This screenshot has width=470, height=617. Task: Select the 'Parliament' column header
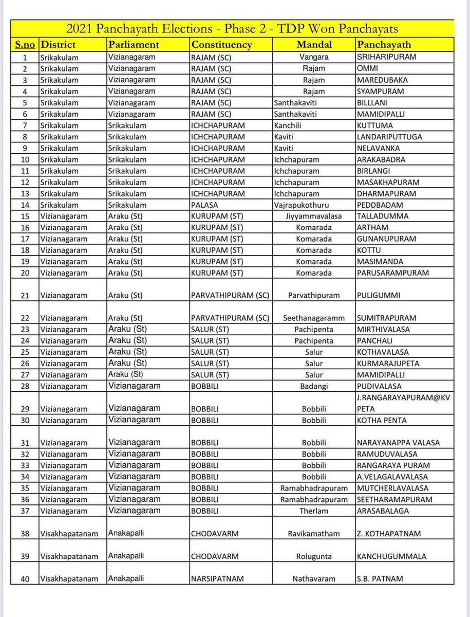(x=134, y=45)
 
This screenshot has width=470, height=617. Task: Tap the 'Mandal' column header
(x=314, y=45)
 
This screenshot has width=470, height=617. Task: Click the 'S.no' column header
(x=25, y=45)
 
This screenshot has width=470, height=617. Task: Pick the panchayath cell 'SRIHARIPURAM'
(x=386, y=57)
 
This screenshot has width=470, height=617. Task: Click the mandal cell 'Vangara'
(x=314, y=58)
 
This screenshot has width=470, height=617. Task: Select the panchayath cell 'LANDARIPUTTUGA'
(x=389, y=137)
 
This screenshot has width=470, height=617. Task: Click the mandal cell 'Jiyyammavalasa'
(x=314, y=216)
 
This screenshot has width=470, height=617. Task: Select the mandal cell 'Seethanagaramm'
(x=314, y=318)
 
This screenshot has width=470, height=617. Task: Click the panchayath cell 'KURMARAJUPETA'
(x=388, y=364)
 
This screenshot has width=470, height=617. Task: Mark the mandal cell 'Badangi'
(x=314, y=386)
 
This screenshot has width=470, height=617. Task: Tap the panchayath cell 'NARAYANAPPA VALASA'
(x=398, y=443)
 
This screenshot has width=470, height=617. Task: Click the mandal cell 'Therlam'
(x=314, y=511)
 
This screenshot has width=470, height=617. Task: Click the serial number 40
(x=25, y=578)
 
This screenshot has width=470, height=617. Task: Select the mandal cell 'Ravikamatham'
(x=314, y=534)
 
